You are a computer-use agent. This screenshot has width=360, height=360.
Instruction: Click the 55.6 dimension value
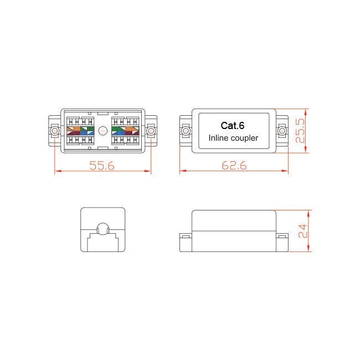(x=102, y=165)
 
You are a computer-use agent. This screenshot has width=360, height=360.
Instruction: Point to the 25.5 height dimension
(x=300, y=131)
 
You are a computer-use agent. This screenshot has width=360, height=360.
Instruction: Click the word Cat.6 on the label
(x=233, y=125)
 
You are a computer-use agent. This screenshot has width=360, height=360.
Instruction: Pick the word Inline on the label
(x=219, y=138)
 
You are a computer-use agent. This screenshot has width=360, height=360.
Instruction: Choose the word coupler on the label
(x=245, y=138)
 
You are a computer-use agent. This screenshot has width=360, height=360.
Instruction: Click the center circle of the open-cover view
(x=102, y=131)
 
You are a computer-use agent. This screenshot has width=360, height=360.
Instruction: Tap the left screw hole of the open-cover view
(x=54, y=131)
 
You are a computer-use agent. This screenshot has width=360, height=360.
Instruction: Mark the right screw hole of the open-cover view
(x=151, y=131)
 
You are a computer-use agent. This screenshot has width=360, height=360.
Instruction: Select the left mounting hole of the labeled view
(x=186, y=131)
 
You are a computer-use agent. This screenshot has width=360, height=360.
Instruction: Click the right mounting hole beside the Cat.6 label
(x=282, y=131)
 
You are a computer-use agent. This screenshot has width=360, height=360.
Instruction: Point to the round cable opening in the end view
(x=102, y=229)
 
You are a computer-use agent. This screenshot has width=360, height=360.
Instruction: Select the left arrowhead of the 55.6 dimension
(x=56, y=172)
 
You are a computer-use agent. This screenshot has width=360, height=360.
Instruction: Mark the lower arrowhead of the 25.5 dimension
(x=306, y=150)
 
